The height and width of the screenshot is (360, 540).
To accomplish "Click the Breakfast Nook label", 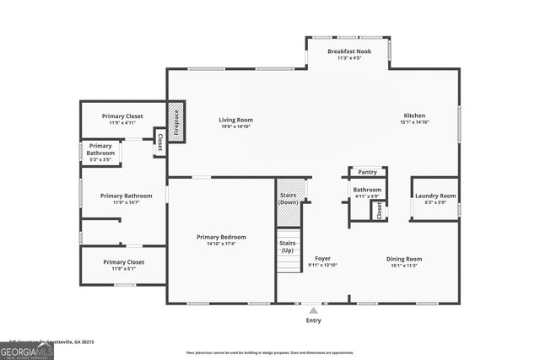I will (x=348, y=51).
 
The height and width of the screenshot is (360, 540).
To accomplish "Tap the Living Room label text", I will (x=236, y=120).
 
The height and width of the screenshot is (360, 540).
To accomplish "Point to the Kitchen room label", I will (x=414, y=116).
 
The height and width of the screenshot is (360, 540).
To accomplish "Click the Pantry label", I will (x=367, y=172).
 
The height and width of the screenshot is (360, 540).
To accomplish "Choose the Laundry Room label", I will (x=435, y=196).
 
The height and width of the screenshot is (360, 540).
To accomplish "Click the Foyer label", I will (x=322, y=259).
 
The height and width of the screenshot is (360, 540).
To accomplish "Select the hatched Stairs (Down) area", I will (x=289, y=201).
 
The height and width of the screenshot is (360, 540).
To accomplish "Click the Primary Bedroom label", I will (x=221, y=237).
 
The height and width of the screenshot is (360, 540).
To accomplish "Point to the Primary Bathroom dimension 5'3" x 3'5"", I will (x=99, y=159).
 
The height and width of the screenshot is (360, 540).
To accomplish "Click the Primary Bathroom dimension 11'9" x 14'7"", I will (x=125, y=202).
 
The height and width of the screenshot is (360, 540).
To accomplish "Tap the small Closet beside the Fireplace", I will (x=159, y=142).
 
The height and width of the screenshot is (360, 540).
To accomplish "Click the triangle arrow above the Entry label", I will (x=313, y=310).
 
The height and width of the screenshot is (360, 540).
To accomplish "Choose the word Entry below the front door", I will (x=313, y=320).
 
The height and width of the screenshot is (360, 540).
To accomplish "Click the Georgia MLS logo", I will (x=27, y=348).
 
